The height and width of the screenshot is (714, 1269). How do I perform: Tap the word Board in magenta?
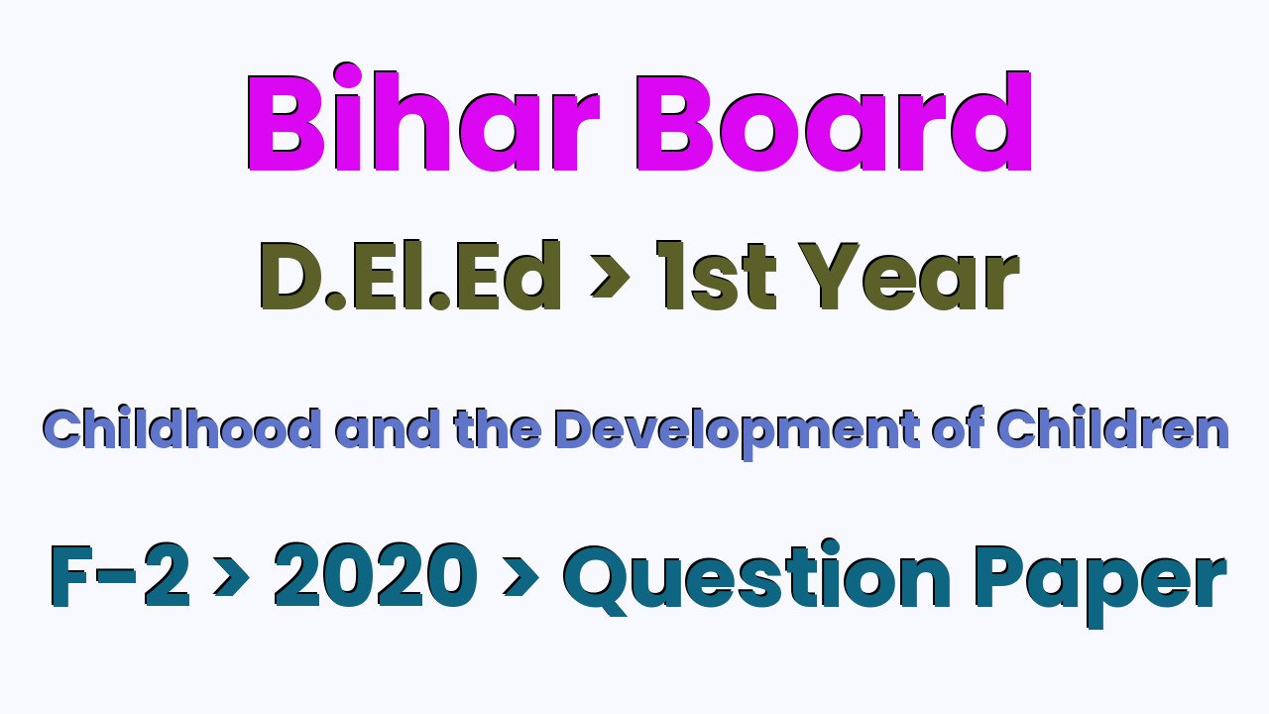[x=834, y=121]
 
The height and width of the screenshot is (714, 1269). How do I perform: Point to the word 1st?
[x=717, y=276]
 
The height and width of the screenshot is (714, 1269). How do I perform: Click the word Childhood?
[x=181, y=428]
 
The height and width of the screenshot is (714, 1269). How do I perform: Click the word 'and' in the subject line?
[x=388, y=428]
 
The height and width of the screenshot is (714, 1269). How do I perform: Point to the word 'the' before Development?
[x=498, y=428]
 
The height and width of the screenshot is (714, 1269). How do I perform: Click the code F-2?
[x=120, y=576]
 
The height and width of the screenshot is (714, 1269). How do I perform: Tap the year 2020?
[x=375, y=576]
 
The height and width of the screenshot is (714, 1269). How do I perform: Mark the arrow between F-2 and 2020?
[x=232, y=577]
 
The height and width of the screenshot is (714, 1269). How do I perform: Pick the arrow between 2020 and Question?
[x=520, y=577]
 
